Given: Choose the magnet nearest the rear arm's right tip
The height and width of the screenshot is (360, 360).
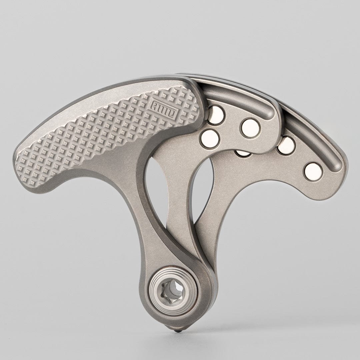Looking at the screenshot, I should (x=313, y=170).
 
